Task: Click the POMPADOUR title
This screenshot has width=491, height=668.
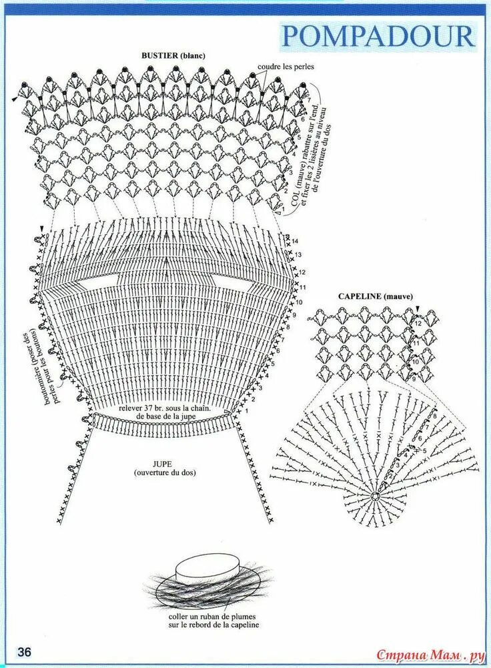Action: [378, 35]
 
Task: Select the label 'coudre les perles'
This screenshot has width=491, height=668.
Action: [286, 67]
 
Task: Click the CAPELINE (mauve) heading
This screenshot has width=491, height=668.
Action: [376, 296]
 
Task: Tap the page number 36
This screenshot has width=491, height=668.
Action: [25, 651]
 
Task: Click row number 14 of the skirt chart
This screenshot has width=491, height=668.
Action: [295, 240]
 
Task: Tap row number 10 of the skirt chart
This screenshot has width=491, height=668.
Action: [299, 302]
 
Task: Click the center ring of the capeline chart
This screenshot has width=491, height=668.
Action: [376, 496]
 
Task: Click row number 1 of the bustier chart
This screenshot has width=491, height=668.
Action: [283, 209]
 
